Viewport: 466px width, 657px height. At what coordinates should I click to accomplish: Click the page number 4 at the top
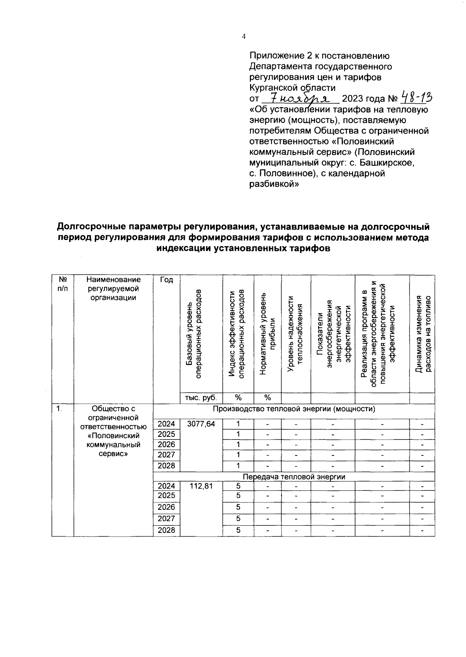click(x=243, y=36)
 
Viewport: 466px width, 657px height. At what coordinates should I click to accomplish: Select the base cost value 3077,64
click(x=201, y=424)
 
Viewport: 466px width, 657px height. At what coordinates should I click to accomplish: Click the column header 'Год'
click(x=166, y=280)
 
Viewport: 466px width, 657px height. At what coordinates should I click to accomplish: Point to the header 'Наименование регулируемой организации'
click(x=113, y=289)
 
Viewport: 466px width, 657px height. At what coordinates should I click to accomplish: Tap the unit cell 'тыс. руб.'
click(x=201, y=398)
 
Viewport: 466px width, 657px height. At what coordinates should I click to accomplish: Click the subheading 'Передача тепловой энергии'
click(x=294, y=476)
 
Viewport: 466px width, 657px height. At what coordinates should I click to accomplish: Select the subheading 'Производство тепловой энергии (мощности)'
click(x=294, y=409)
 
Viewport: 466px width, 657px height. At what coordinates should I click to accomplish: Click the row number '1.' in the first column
click(x=59, y=408)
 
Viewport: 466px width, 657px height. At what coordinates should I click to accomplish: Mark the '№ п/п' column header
click(x=63, y=284)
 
